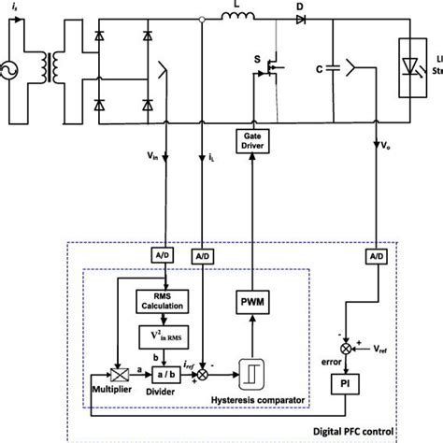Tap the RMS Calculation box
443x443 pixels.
166,302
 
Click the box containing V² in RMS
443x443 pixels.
166,336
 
